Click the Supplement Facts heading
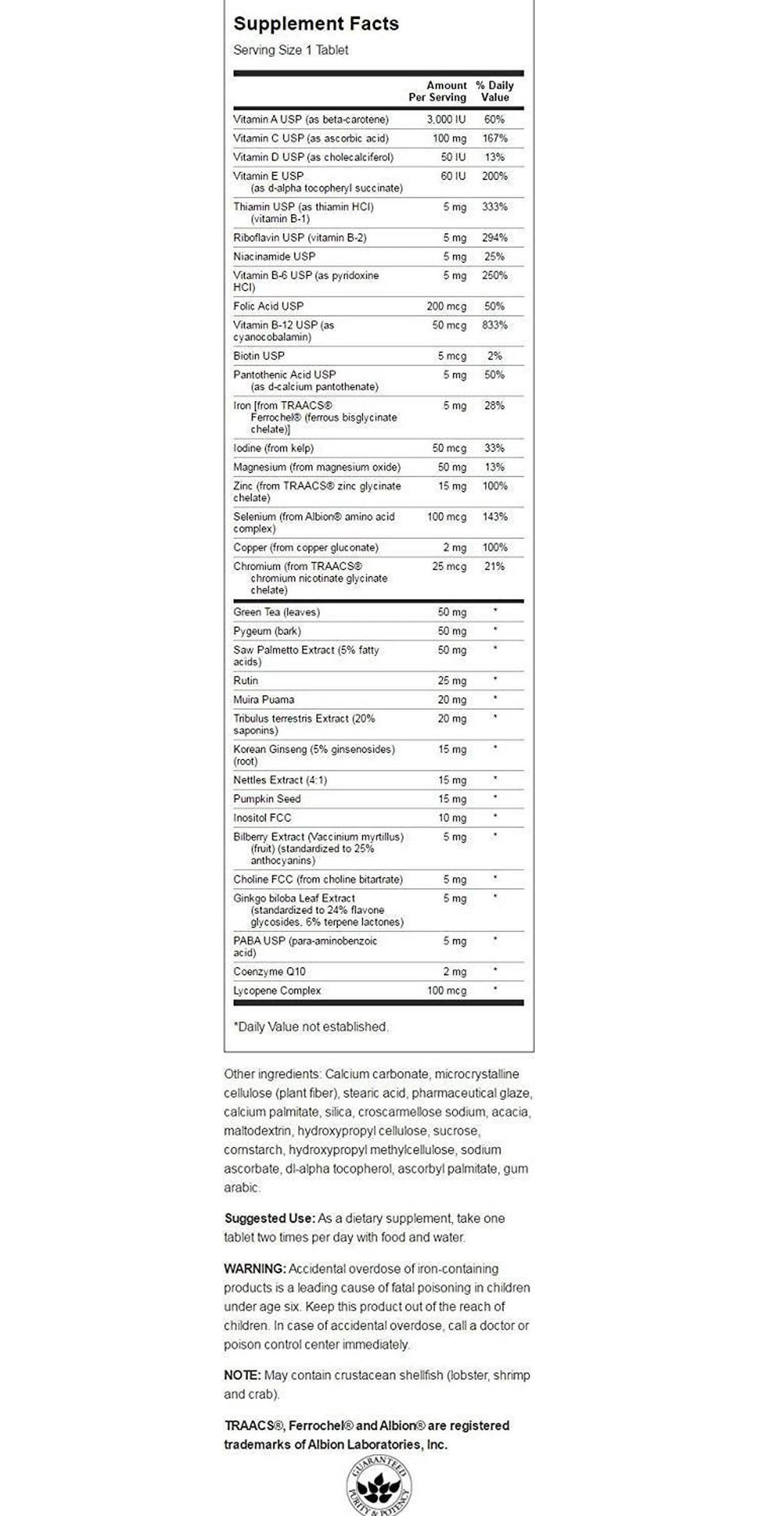[x=316, y=24]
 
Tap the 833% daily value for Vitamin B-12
[x=494, y=325]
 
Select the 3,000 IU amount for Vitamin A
[x=446, y=119]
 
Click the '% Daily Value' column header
[x=494, y=91]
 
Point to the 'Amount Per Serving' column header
[x=437, y=91]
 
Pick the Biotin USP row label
[x=259, y=356]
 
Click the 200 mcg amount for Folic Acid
[x=446, y=306]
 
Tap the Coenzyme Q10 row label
[x=269, y=971]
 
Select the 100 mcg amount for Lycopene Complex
[x=446, y=990]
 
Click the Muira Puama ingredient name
[x=264, y=700]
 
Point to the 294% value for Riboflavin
[x=494, y=238]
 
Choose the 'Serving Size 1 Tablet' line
[x=291, y=50]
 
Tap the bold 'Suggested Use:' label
[x=270, y=1218]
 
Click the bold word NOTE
[x=242, y=1375]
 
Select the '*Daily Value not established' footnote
[x=311, y=1026]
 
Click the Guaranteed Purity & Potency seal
[x=379, y=1489]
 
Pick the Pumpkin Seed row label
[x=267, y=799]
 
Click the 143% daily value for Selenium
[x=494, y=517]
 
